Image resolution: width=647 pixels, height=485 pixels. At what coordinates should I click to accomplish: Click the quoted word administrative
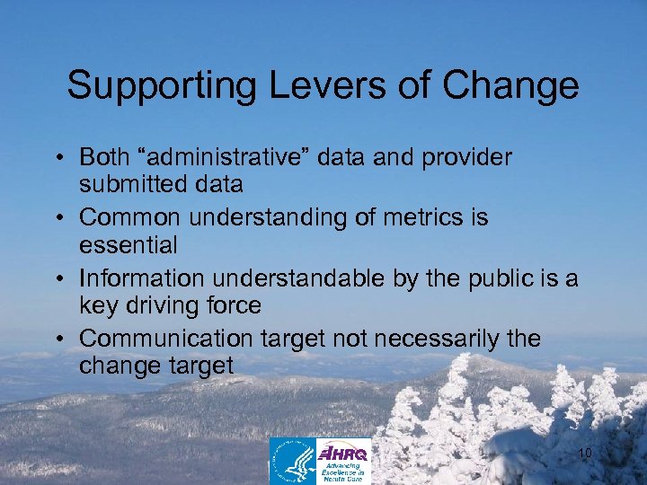[214, 158]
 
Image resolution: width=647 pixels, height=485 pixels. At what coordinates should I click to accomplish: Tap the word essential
[129, 244]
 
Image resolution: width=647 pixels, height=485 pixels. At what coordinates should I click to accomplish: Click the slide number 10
[584, 454]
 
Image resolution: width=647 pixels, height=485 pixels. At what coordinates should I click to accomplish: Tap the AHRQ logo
[343, 461]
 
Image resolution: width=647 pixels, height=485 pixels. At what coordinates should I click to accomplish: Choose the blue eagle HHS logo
[293, 461]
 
